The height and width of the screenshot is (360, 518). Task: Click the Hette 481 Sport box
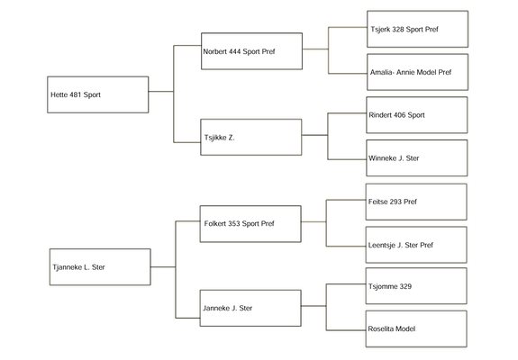click(98, 94)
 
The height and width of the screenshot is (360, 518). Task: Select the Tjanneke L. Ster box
click(100, 267)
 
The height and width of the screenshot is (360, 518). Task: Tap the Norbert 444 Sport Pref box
click(251, 51)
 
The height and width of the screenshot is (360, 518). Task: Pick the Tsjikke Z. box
click(251, 138)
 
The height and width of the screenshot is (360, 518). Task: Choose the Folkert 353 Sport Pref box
click(250, 224)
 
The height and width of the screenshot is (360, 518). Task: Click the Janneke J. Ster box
click(250, 308)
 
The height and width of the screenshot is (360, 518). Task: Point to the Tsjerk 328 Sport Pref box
click(418, 29)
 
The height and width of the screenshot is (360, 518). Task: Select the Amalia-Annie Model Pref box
click(418, 72)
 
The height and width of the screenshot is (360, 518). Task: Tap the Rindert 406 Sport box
click(417, 115)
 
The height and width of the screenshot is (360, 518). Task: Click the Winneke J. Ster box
click(417, 158)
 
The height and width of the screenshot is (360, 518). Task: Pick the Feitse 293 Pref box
click(416, 202)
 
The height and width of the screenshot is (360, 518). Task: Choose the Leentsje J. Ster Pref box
click(416, 245)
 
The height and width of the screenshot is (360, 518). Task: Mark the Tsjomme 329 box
click(416, 286)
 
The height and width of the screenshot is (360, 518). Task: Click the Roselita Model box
click(416, 329)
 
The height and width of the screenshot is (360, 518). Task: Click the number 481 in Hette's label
click(76, 94)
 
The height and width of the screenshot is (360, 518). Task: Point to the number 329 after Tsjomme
click(405, 286)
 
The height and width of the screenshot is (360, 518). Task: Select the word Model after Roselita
click(405, 329)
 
